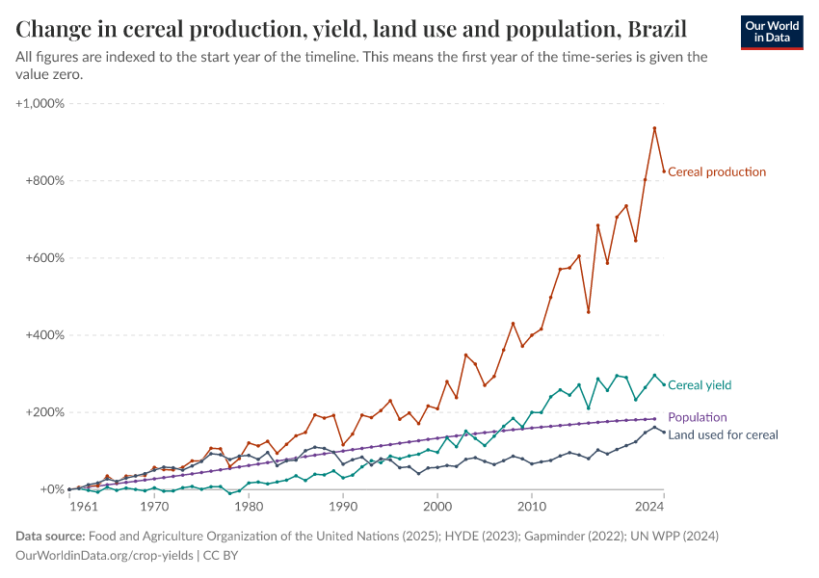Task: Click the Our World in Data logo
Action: [x=772, y=32]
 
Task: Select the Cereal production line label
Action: [x=717, y=172]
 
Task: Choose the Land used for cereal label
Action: [x=723, y=435]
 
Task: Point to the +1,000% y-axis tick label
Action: [x=40, y=103]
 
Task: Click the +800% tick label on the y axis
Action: [x=44, y=181]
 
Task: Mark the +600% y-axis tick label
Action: [x=44, y=258]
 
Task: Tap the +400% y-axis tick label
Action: [x=44, y=335]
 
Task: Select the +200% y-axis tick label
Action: [x=44, y=412]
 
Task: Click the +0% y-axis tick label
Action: [x=51, y=489]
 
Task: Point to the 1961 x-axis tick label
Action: [x=82, y=506]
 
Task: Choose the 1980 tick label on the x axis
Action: [x=249, y=506]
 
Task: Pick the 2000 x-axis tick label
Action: [x=437, y=506]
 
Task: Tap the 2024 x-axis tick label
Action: [x=650, y=506]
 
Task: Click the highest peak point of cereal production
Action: [x=654, y=128]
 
